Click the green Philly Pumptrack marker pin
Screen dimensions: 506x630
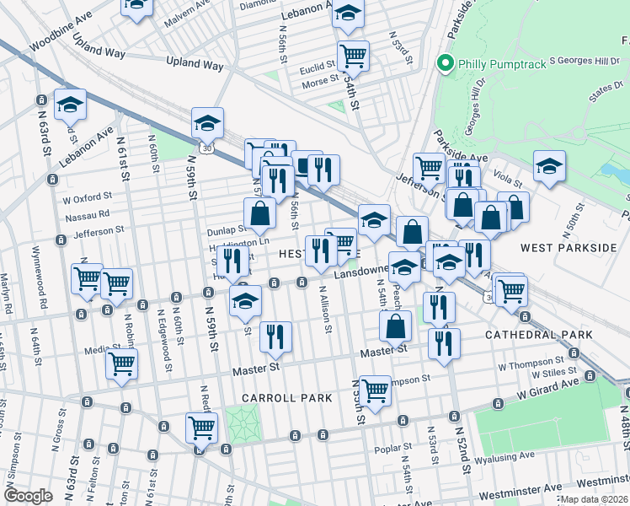[x=444, y=62]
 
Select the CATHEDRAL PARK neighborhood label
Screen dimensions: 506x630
[x=538, y=335]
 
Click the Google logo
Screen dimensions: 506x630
[x=28, y=495]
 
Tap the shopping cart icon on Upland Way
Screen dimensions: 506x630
[x=353, y=56]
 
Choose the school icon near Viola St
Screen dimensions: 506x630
[x=549, y=165]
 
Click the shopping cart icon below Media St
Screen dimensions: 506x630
[x=121, y=365]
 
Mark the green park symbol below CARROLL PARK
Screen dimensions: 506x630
[x=241, y=420]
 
